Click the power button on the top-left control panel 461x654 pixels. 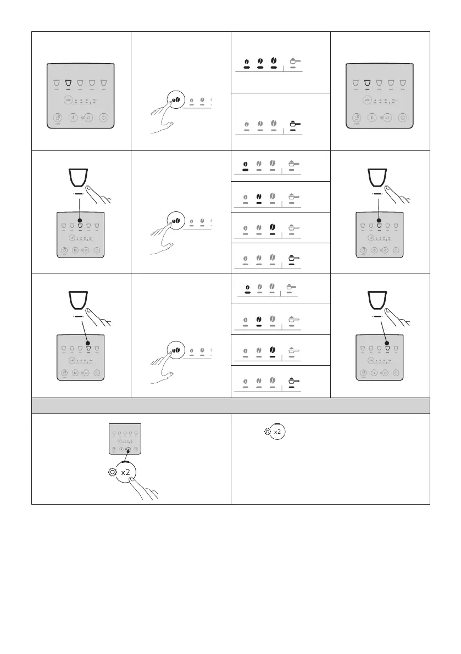point(104,117)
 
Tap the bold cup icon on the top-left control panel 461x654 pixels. point(69,83)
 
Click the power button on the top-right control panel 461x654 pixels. point(403,117)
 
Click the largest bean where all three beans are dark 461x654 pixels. point(273,60)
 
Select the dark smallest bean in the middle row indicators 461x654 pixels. point(246,164)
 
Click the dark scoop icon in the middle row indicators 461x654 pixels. point(292,256)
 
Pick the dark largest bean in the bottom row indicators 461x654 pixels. point(273,349)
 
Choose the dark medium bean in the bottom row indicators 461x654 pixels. point(259,318)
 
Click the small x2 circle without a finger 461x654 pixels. point(278,432)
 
